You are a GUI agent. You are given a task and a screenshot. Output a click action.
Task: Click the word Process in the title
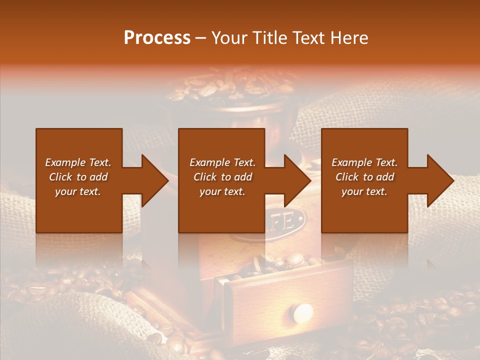157,38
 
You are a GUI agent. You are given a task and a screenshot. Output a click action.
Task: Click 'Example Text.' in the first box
78,162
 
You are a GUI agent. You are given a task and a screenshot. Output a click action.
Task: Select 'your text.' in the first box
78,191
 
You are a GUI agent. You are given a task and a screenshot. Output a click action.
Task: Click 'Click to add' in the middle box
222,177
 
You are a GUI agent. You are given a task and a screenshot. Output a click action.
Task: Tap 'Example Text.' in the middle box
222,162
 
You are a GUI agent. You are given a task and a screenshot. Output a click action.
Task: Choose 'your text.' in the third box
364,191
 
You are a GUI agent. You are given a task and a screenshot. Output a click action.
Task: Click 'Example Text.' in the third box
364,162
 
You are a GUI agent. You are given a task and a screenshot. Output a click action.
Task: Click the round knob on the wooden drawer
302,313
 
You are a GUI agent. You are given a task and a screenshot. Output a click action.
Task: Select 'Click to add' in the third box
364,177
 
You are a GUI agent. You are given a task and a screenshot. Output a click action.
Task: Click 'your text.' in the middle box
222,191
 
